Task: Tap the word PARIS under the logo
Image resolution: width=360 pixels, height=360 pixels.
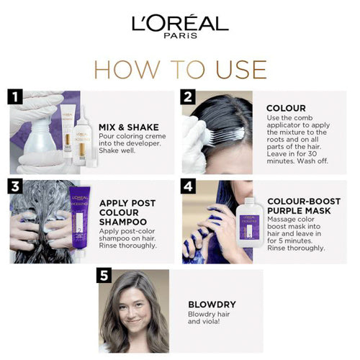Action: [181, 36]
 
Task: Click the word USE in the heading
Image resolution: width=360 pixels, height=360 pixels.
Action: [241, 70]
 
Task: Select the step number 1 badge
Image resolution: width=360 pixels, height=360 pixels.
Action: [15, 96]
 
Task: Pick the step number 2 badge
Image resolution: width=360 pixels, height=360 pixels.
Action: [188, 96]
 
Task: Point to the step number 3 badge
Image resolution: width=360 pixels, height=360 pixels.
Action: [15, 186]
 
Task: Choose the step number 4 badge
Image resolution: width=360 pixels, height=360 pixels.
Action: [188, 186]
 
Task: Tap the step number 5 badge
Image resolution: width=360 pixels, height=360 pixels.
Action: [104, 275]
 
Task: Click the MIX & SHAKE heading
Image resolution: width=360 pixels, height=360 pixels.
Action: [129, 127]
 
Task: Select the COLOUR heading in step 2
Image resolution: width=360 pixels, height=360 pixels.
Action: [286, 108]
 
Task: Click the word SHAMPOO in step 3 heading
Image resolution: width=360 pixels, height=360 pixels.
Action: [123, 222]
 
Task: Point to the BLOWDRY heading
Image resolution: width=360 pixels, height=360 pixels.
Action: [212, 305]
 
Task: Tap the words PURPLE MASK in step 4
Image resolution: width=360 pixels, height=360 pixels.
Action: [299, 211]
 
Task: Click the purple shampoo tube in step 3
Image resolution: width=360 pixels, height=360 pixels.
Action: [80, 218]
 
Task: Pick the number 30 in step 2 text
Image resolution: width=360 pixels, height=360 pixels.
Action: [312, 154]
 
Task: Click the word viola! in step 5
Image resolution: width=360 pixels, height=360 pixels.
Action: [211, 322]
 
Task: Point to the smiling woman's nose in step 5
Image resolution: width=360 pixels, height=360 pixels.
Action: [133, 312]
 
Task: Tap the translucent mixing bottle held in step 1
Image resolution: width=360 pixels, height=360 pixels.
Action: [40, 137]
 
